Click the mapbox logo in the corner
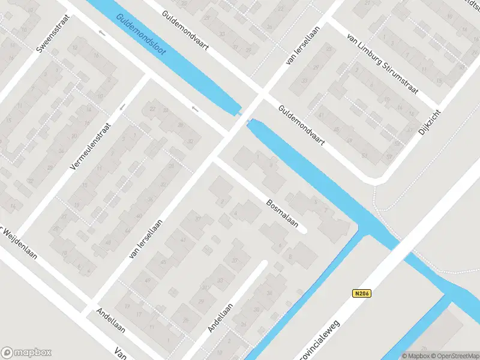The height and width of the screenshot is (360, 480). tap(26, 352)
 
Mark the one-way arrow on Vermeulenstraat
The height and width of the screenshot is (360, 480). tap(122, 107)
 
